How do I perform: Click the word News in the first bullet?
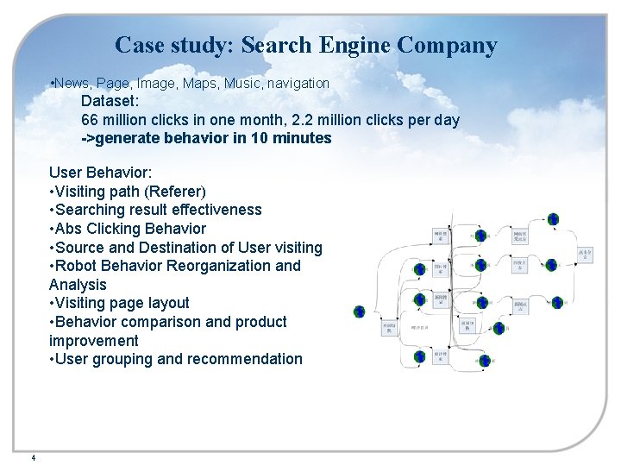click(x=72, y=83)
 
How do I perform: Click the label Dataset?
click(x=110, y=101)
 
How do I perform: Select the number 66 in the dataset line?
click(x=90, y=120)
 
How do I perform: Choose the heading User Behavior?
click(x=101, y=173)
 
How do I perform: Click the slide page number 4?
click(x=33, y=457)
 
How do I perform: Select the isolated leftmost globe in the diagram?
click(x=360, y=312)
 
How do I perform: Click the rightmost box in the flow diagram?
click(x=585, y=255)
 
